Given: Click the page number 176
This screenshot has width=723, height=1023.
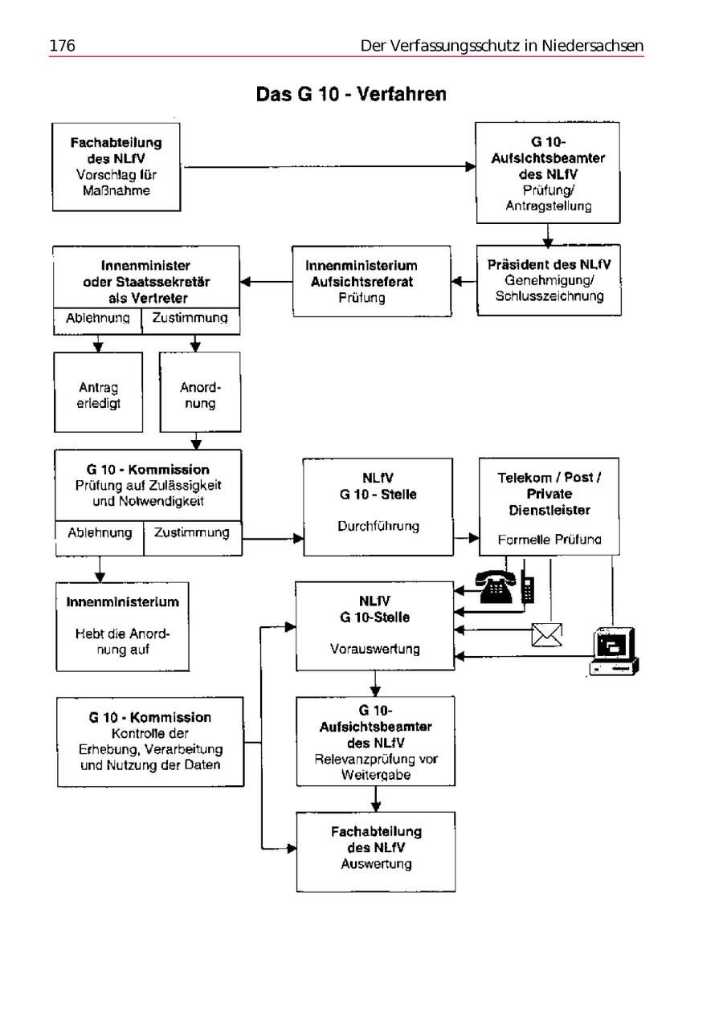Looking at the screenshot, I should pyautogui.click(x=62, y=46).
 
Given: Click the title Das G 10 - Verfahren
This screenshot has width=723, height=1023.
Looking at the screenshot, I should pyautogui.click(x=351, y=95).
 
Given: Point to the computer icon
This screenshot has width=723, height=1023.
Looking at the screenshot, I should pyautogui.click(x=614, y=651).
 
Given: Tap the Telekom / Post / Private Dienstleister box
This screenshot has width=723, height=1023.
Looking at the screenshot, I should pyautogui.click(x=550, y=507).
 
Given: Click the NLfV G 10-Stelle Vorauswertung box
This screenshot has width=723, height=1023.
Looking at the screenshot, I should pyautogui.click(x=375, y=626).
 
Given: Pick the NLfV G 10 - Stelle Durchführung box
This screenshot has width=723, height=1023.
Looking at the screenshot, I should pyautogui.click(x=378, y=507).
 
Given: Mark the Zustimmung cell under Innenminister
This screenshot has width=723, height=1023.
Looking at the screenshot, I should pyautogui.click(x=190, y=318).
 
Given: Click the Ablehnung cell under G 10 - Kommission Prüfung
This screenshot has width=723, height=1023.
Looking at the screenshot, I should pyautogui.click(x=100, y=533).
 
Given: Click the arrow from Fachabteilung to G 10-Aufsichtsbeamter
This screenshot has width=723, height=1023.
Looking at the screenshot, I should pyautogui.click(x=327, y=167).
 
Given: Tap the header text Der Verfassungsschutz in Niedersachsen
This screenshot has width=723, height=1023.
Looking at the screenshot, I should pyautogui.click(x=502, y=46).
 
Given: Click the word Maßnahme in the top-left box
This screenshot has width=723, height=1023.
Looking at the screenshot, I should pyautogui.click(x=116, y=192).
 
